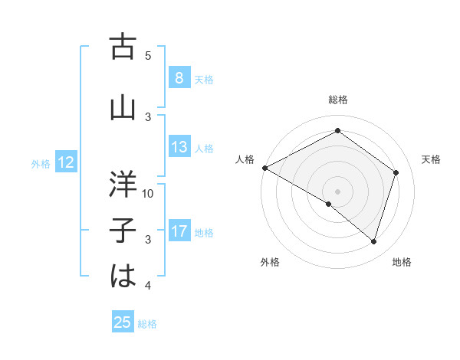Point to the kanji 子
(123, 231)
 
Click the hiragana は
(123, 277)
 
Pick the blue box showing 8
(179, 77)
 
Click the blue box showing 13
(179, 147)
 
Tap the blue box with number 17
(179, 231)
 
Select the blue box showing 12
(65, 162)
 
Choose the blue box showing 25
(123, 322)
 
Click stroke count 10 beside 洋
(149, 193)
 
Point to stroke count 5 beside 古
(149, 55)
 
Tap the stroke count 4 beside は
(149, 286)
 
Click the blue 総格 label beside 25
(147, 324)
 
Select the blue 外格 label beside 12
(40, 163)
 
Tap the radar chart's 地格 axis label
(402, 263)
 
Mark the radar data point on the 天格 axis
(396, 172)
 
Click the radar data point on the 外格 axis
(329, 205)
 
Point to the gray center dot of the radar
(337, 191)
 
